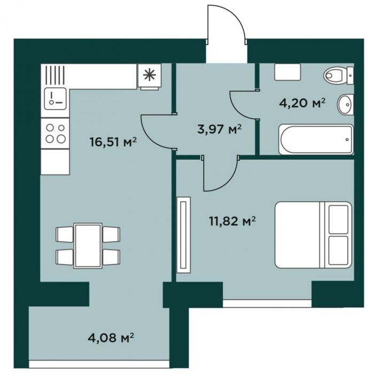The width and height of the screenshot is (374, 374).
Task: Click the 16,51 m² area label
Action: click(x=113, y=142)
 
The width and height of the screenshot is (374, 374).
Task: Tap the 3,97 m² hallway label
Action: click(x=220, y=129)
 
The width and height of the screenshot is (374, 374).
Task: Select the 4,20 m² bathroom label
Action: click(x=302, y=103)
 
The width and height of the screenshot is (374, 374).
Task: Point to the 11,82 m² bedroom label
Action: click(x=232, y=221)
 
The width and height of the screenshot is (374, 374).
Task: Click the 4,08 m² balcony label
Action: click(x=111, y=338)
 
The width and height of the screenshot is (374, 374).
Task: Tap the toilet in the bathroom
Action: click(x=339, y=75)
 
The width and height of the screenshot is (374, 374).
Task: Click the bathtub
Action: click(x=316, y=139)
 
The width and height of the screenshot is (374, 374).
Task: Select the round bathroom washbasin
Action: click(x=345, y=105)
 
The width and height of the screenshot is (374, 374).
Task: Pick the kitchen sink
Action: click(x=55, y=98)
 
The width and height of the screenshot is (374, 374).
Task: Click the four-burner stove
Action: click(x=55, y=134)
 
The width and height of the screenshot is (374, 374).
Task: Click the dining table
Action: click(x=88, y=245)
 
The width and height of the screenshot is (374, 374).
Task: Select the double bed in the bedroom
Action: click(x=314, y=235)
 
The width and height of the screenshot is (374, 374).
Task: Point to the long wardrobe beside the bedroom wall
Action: click(x=183, y=235)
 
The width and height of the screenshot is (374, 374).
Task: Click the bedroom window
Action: click(x=267, y=303)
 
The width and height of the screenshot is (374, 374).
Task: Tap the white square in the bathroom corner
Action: click(x=287, y=72)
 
